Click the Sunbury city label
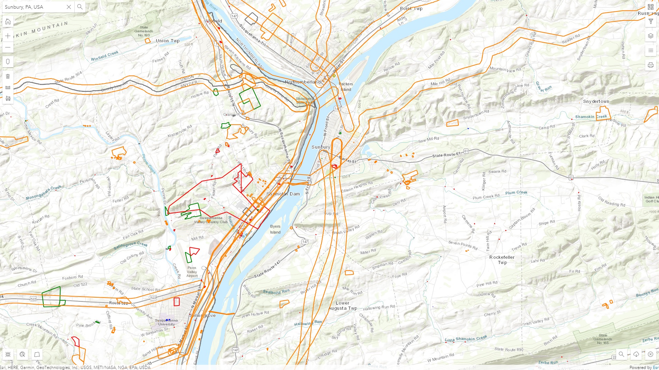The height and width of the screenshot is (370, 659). click(321, 147)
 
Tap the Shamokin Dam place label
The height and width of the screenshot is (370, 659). click(283, 194)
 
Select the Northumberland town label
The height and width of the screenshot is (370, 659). click(303, 82)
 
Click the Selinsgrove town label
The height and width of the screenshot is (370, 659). click(203, 315)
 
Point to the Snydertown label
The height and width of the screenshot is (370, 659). click(596, 102)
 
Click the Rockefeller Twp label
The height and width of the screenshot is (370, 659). click(502, 260)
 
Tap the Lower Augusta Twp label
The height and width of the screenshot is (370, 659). click(342, 306)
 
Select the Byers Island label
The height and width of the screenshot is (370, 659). click(275, 229)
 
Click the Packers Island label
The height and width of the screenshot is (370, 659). click(346, 87)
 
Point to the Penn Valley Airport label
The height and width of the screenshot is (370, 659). click(192, 272)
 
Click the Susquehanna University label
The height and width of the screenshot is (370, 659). click(166, 322)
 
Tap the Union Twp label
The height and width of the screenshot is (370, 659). click(168, 41)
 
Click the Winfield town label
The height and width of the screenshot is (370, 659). click(213, 21)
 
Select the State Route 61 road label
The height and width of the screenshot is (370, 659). click(446, 155)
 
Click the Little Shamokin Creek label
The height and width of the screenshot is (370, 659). click(466, 338)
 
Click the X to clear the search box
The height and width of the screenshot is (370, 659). click(69, 7)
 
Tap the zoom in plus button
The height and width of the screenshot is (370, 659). click(8, 36)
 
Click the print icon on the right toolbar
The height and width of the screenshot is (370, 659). click(651, 65)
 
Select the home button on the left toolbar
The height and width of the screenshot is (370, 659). click(8, 22)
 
